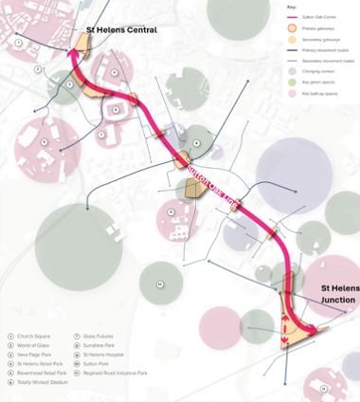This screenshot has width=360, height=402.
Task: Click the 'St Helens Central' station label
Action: [x=121, y=30]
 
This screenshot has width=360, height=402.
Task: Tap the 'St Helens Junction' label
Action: [x=338, y=293]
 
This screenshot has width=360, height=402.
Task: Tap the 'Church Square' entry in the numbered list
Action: [x=34, y=336]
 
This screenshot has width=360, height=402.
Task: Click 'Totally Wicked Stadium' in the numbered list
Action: [x=43, y=381]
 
